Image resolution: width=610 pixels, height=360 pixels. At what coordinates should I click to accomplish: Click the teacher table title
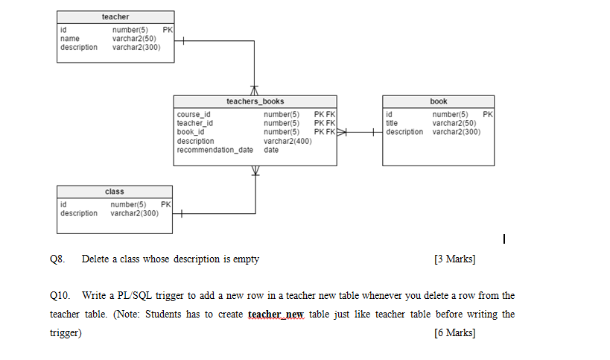click(x=115, y=16)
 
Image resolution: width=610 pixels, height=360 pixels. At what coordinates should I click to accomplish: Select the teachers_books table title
click(x=255, y=101)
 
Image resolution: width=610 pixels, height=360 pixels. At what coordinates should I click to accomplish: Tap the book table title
click(x=439, y=101)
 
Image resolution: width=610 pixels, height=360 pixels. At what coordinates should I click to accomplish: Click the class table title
click(x=115, y=192)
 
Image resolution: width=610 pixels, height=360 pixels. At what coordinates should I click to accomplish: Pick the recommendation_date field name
click(x=215, y=150)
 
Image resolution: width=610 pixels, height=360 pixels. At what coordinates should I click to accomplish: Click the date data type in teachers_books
click(x=271, y=150)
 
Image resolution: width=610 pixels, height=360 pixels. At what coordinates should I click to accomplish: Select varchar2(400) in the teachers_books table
click(x=287, y=141)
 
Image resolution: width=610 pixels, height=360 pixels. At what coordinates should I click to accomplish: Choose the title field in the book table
click(x=392, y=123)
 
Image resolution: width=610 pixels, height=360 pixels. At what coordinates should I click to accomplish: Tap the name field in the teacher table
click(x=69, y=38)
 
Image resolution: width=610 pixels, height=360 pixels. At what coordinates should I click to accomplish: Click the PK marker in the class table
click(x=165, y=204)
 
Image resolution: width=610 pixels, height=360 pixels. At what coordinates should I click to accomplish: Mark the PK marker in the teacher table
click(x=167, y=30)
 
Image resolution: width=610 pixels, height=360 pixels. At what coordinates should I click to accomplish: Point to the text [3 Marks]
click(x=454, y=259)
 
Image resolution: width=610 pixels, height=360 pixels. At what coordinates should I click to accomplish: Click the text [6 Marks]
click(x=454, y=332)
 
